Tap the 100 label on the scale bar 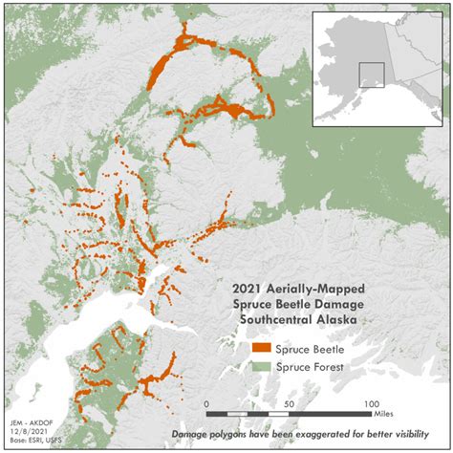(367, 405)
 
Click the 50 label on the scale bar (287, 405)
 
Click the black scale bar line (287, 414)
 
